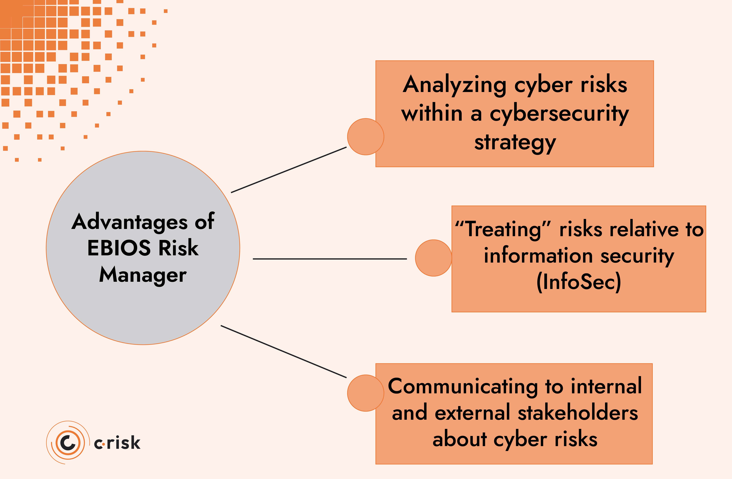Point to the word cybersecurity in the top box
tap(559, 114)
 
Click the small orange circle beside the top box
tap(365, 136)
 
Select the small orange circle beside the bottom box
tap(365, 393)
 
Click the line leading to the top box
tap(289, 170)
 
